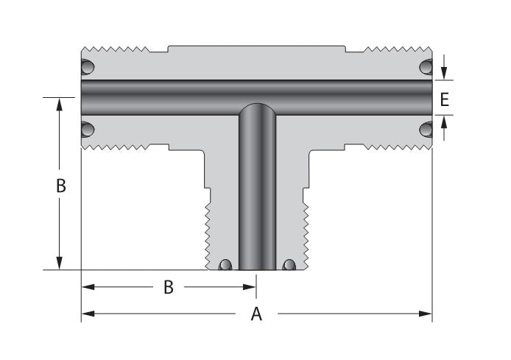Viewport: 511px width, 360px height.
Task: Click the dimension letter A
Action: pyautogui.click(x=256, y=314)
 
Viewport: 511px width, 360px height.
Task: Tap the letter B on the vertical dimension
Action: pyautogui.click(x=61, y=186)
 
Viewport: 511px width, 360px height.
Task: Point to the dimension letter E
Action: pyautogui.click(x=444, y=99)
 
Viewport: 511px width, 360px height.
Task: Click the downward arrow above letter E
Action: pyautogui.click(x=444, y=74)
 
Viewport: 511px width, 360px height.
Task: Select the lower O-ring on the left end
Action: pyautogui.click(x=88, y=130)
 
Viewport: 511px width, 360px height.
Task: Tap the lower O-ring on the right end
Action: pyautogui.click(x=426, y=130)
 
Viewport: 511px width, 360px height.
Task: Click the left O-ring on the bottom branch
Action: pyautogui.click(x=225, y=265)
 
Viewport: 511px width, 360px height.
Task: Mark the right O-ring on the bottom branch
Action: pyautogui.click(x=289, y=265)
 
